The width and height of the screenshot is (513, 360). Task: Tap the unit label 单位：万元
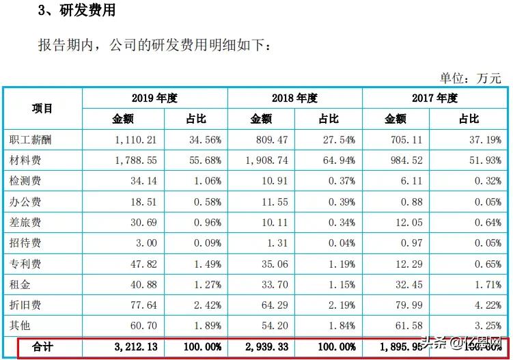471,78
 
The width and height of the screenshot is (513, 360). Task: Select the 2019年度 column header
154,98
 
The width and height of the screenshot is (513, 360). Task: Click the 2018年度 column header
294,98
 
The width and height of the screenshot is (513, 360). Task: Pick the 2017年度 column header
434,98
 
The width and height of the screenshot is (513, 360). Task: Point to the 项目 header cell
42,109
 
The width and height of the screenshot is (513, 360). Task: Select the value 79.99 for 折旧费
409,305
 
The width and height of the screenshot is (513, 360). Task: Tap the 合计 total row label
42,347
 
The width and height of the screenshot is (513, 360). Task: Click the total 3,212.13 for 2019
133,347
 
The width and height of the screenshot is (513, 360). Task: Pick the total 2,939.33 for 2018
266,347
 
